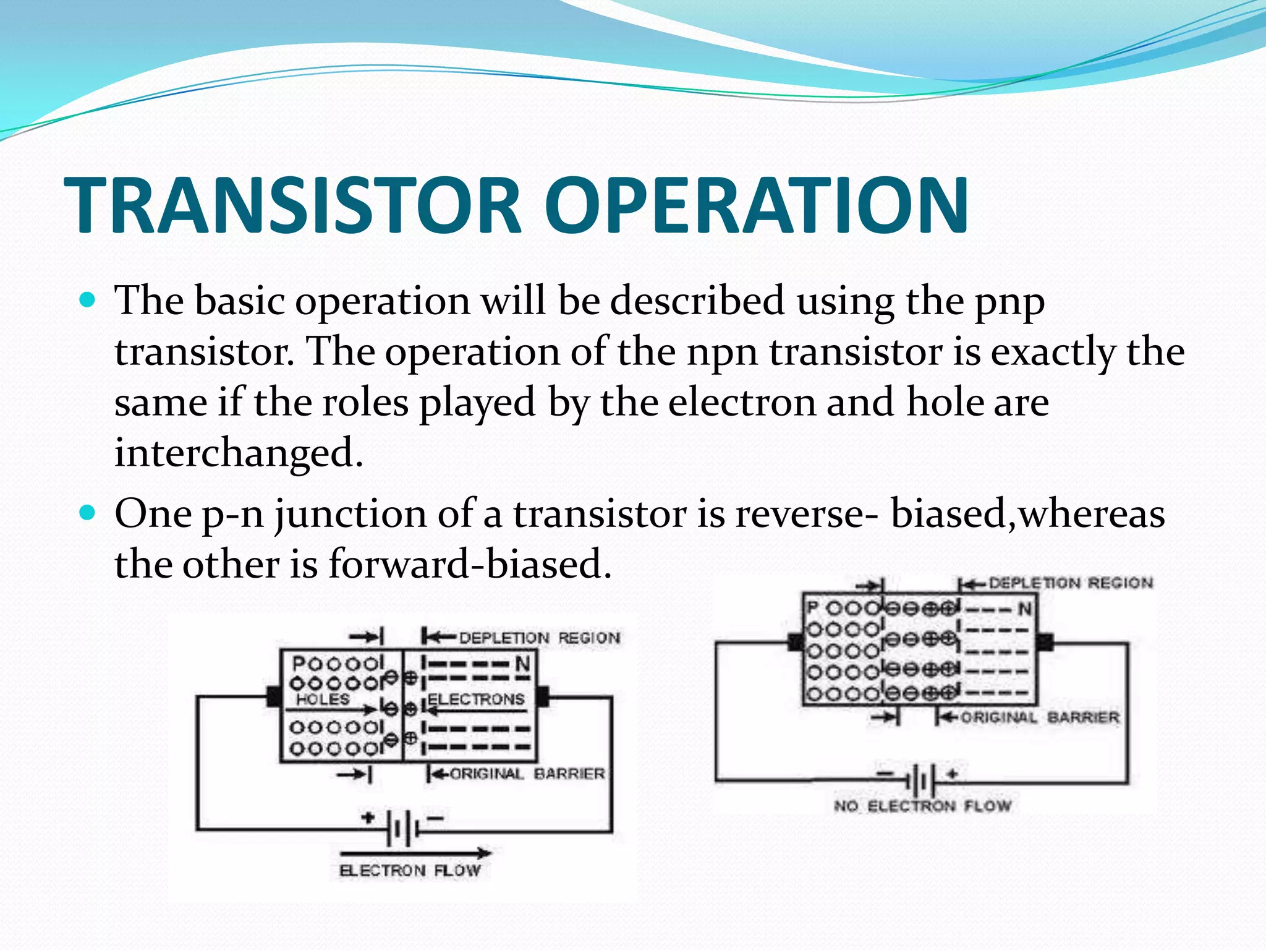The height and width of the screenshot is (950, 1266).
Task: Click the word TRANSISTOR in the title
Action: coord(293,205)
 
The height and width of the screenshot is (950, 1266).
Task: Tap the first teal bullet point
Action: coord(88,301)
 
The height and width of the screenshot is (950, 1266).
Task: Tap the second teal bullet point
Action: coord(88,513)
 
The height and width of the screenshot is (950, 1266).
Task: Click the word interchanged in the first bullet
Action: coord(239,452)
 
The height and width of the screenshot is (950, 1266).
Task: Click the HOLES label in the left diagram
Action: coord(322,700)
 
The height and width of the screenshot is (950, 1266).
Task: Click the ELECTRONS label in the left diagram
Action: coord(476,700)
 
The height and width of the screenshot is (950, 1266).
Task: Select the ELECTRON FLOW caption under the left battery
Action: coord(410,870)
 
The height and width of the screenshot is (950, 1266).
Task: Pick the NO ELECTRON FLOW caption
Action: coord(922,806)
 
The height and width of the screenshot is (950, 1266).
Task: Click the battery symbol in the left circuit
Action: coord(402,828)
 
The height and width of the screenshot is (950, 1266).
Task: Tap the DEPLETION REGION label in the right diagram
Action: coord(1071,583)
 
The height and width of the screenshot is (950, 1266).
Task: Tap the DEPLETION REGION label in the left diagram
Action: coord(539,638)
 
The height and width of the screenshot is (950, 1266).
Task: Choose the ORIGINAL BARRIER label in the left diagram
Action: coord(527,774)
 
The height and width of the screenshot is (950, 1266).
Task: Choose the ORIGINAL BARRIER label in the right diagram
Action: coord(1040,717)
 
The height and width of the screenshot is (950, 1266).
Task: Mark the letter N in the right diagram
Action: coord(1025,609)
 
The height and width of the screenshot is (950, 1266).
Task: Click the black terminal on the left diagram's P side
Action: coord(273,696)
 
